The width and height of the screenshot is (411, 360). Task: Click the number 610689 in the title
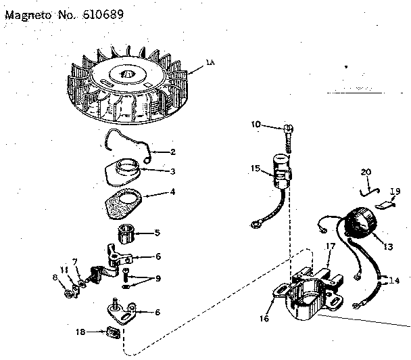[x=101, y=13]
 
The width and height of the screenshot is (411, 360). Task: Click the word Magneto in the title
[x=29, y=13]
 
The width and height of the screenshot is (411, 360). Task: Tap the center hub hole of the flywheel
[x=127, y=70]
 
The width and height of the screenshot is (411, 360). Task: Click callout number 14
[x=394, y=279]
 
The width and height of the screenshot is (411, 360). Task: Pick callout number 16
[x=263, y=317]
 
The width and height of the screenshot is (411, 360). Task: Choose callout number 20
[x=366, y=172]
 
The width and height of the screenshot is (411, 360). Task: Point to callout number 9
[x=158, y=279]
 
